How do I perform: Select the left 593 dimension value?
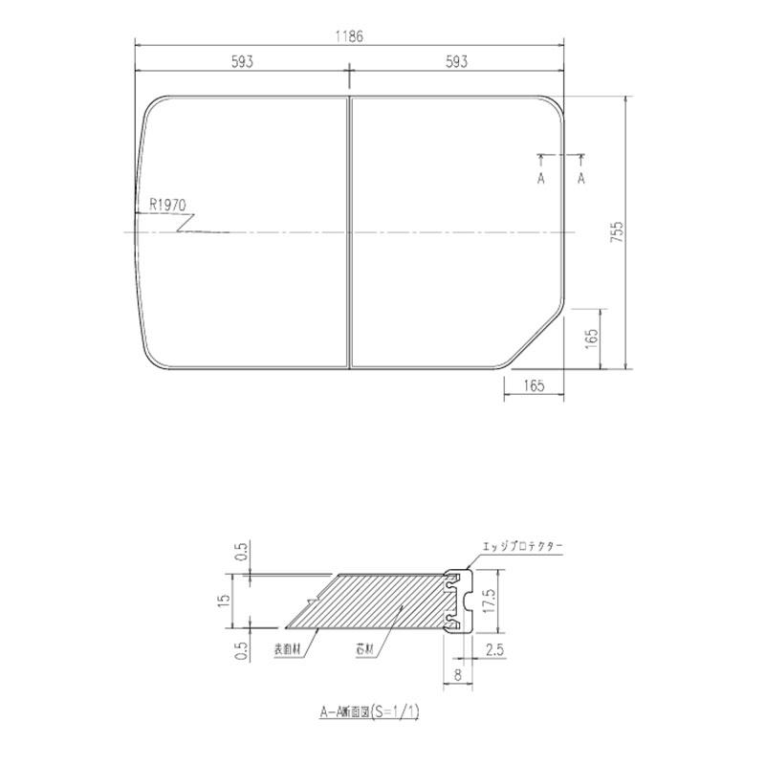tap(242, 62)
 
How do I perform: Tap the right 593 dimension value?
tap(457, 62)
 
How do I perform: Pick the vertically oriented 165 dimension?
tap(592, 338)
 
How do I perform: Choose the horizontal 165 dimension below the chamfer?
tap(534, 385)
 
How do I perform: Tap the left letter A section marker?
tap(540, 179)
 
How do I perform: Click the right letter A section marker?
tap(581, 179)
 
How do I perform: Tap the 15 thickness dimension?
tap(223, 601)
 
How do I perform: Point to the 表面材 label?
tap(287, 648)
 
